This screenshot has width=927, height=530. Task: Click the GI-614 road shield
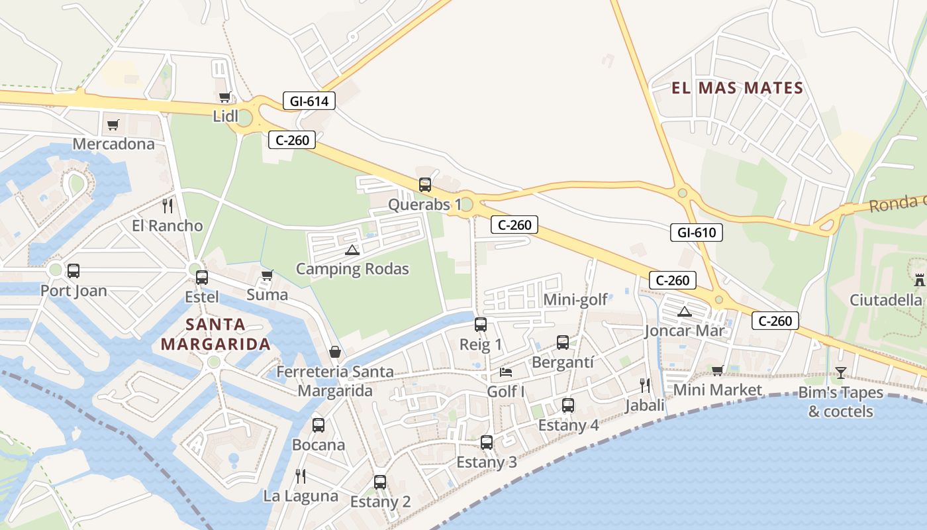pyautogui.click(x=309, y=101)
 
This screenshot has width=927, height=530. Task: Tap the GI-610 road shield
pyautogui.click(x=696, y=233)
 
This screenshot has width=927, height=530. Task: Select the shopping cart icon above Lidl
pyautogui.click(x=225, y=97)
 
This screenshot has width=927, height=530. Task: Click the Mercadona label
pyautogui.click(x=113, y=144)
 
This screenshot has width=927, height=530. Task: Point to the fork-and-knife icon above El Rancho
pyautogui.click(x=167, y=206)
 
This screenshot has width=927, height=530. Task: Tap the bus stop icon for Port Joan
pyautogui.click(x=73, y=271)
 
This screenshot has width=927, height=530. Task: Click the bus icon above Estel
pyautogui.click(x=202, y=278)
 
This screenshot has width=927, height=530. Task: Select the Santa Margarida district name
pyautogui.click(x=216, y=335)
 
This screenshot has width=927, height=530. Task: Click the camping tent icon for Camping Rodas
pyautogui.click(x=352, y=250)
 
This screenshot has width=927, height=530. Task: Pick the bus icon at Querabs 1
pyautogui.click(x=425, y=185)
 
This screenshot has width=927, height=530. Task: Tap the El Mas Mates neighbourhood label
pyautogui.click(x=738, y=88)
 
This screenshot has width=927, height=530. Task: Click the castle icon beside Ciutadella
pyautogui.click(x=919, y=280)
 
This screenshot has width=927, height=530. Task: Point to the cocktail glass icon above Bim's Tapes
pyautogui.click(x=840, y=373)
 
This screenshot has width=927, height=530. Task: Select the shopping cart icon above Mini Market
pyautogui.click(x=717, y=370)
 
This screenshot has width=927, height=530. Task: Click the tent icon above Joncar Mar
pyautogui.click(x=685, y=311)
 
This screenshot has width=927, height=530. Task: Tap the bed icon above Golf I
pyautogui.click(x=506, y=372)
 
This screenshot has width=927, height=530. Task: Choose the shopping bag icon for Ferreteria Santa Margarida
pyautogui.click(x=335, y=352)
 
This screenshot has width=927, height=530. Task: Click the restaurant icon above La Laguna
pyautogui.click(x=300, y=476)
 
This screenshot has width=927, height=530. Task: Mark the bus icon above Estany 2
pyautogui.click(x=380, y=482)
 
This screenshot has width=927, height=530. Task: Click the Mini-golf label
pyautogui.click(x=575, y=299)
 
